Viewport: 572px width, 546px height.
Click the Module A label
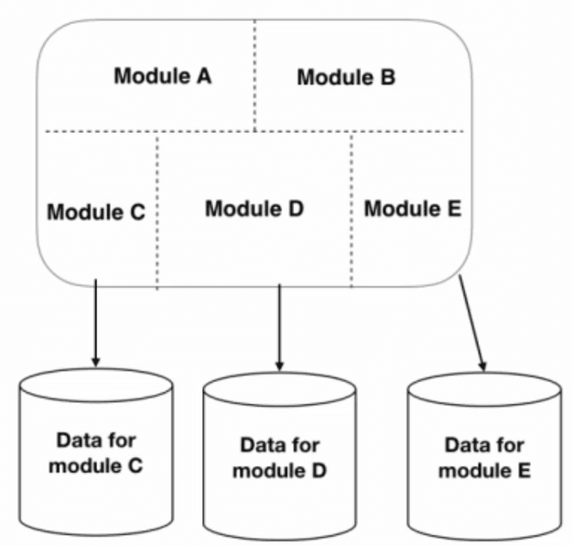point(162,75)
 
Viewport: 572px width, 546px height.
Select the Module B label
point(346,77)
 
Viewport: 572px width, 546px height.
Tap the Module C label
point(95,213)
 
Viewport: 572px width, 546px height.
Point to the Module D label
point(254,208)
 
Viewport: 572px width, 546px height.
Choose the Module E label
point(412,209)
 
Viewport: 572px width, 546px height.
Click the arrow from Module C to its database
point(94,321)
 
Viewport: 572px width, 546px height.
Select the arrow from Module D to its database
point(279,325)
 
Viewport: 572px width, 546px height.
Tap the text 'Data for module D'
point(279,458)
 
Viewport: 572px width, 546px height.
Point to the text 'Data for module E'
point(484,458)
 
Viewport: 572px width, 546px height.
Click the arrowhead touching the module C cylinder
point(94,361)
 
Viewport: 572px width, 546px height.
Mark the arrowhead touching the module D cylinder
point(279,364)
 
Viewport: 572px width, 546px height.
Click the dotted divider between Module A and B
point(254,73)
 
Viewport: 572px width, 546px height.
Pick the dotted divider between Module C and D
point(158,209)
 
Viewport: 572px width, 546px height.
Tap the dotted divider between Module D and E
point(351,209)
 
